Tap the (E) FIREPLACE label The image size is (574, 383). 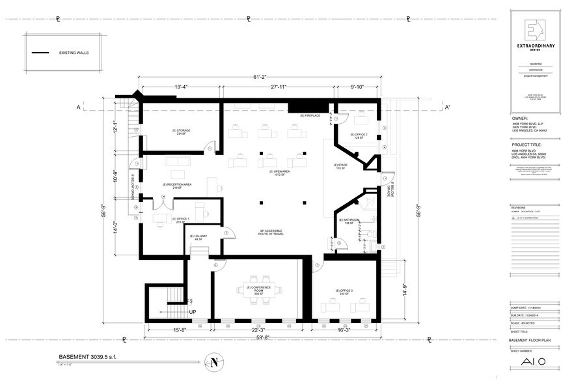tap(310, 116)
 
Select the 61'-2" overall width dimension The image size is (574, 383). tap(263, 77)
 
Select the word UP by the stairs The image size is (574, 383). tap(193, 312)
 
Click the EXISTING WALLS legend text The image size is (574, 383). tap(73, 52)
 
